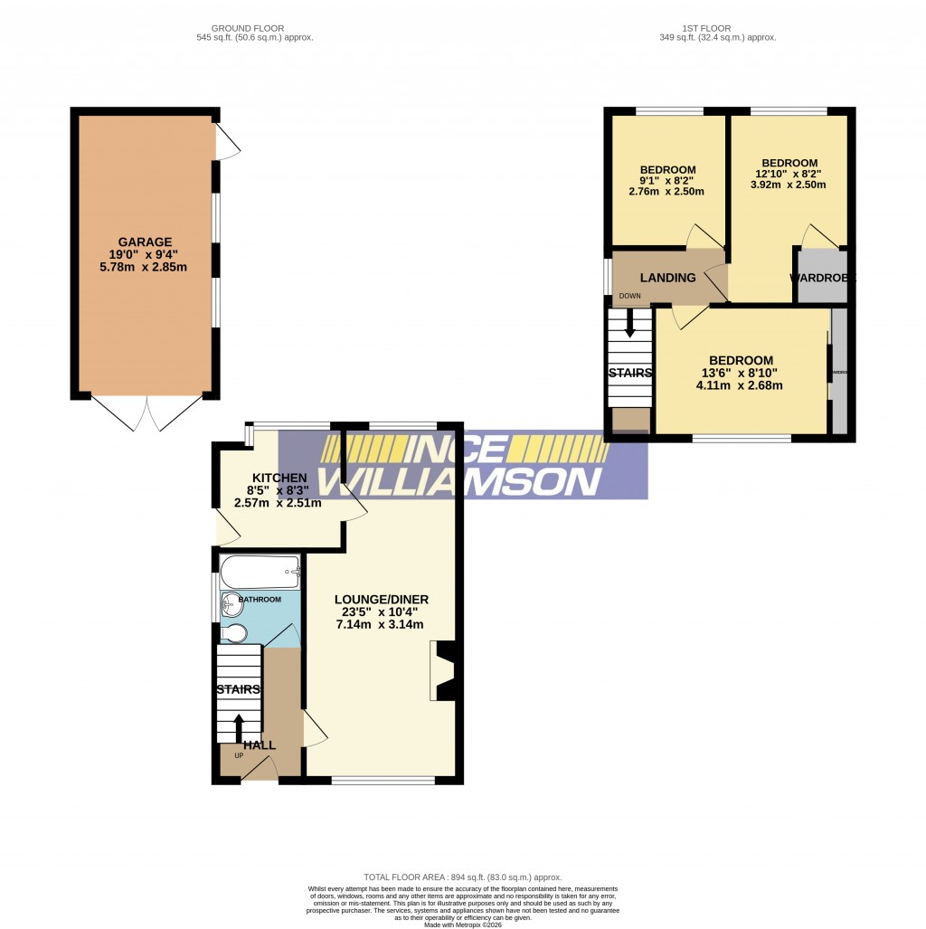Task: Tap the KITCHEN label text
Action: click(x=279, y=478)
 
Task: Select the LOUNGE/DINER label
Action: click(x=381, y=599)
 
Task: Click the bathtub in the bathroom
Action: click(x=260, y=572)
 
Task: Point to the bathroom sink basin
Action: click(x=231, y=604)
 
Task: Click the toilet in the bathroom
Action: click(x=233, y=632)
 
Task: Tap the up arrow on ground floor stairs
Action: click(x=240, y=724)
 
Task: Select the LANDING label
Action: click(x=668, y=278)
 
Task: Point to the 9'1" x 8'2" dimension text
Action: click(x=667, y=181)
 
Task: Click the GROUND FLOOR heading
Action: click(x=254, y=28)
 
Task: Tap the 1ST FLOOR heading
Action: click(x=708, y=28)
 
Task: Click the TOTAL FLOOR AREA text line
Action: click(x=462, y=877)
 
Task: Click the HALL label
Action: click(x=260, y=745)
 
